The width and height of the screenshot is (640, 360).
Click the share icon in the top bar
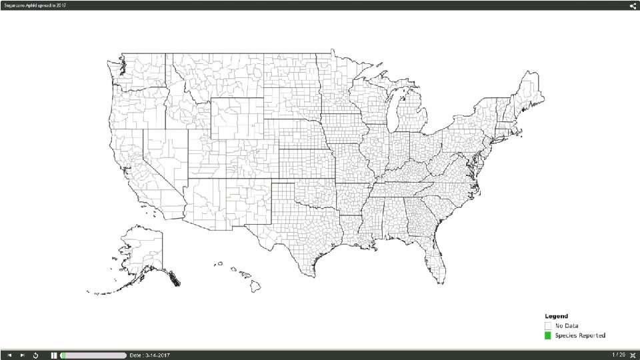click(x=633, y=5)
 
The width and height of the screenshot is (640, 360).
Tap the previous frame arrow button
click(x=9, y=355)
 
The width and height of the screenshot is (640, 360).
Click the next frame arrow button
click(x=22, y=355)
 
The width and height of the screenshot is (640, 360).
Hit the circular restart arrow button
click(x=35, y=355)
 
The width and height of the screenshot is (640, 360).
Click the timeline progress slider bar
click(x=93, y=355)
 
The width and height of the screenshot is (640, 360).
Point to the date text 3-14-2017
click(x=150, y=355)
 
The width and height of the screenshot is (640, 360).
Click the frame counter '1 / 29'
click(x=618, y=355)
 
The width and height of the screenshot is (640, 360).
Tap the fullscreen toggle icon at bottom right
click(x=632, y=355)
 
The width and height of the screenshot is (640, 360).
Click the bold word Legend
click(x=556, y=316)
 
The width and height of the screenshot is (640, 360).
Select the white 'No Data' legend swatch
click(x=548, y=325)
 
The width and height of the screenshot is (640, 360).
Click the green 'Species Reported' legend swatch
click(x=548, y=335)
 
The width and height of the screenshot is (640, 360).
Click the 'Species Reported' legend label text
click(x=580, y=335)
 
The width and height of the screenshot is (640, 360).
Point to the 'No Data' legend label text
click(x=567, y=325)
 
